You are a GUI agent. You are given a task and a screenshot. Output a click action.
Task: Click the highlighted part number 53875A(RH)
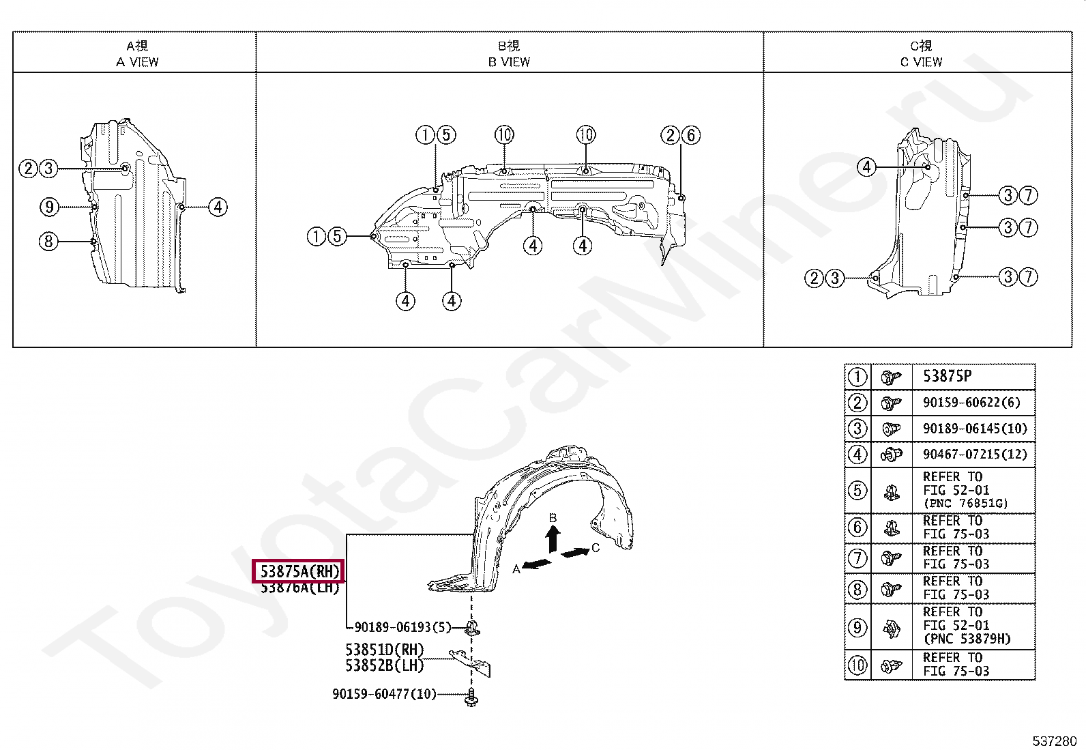299,571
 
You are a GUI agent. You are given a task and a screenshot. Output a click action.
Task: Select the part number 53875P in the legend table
947,376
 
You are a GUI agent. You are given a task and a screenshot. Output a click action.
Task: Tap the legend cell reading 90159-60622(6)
971,403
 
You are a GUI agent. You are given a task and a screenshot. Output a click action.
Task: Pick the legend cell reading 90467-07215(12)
975,455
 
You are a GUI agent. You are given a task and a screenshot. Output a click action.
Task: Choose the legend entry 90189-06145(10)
975,429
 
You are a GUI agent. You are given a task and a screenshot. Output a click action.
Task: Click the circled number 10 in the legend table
857,665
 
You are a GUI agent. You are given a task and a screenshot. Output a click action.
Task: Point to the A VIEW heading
137,61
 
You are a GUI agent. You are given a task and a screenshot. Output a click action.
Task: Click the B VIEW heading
509,61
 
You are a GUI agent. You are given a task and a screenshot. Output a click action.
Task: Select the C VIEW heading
921,61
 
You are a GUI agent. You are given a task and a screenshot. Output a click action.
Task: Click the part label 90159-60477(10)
384,694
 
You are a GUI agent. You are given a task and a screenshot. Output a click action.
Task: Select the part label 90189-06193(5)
402,627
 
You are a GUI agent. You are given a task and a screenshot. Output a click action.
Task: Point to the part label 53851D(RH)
384,650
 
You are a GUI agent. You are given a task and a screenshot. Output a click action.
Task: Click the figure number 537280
1054,741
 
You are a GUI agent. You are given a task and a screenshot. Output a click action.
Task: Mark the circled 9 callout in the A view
49,207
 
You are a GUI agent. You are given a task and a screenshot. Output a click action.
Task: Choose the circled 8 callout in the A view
48,241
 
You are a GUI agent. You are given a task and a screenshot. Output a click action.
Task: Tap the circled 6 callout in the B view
691,135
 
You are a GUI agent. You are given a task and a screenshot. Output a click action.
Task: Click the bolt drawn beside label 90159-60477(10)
471,697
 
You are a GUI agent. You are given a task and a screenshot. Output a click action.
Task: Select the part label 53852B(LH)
384,665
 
